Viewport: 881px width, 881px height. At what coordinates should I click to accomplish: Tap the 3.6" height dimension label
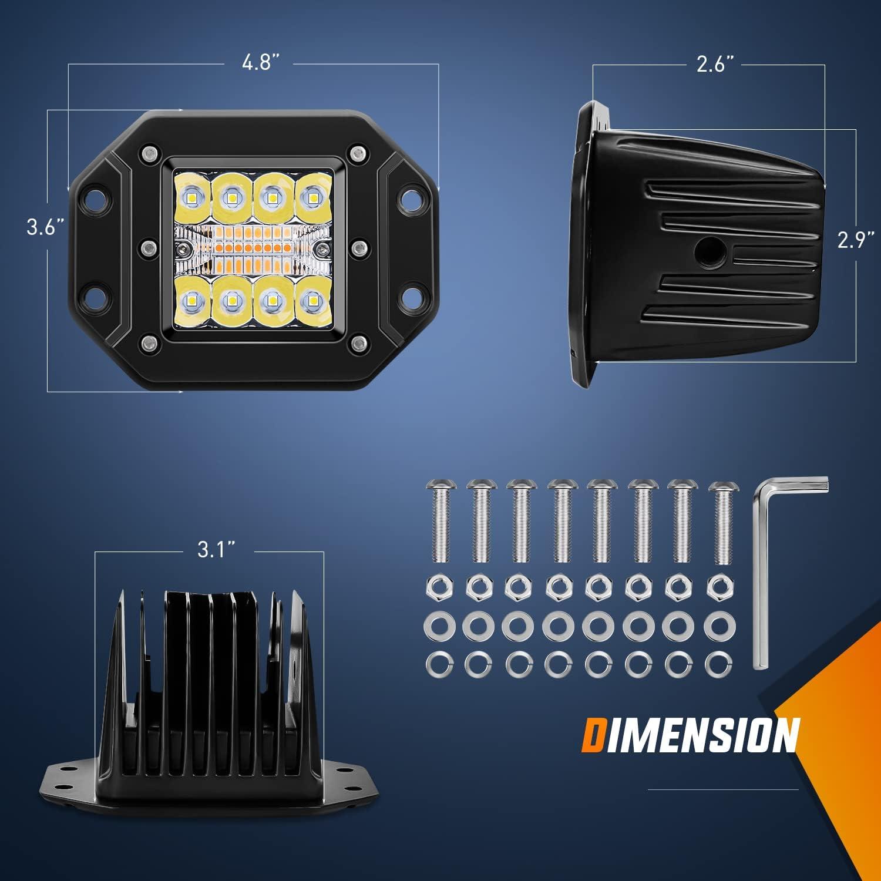(x=45, y=227)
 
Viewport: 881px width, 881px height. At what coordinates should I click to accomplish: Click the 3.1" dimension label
(x=210, y=552)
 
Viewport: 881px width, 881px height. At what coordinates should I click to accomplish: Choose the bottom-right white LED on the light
(x=309, y=301)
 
